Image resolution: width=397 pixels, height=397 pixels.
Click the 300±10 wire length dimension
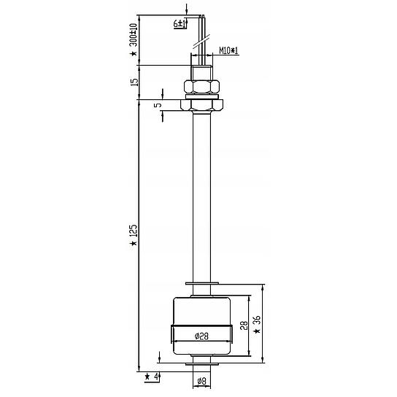coord(134,35)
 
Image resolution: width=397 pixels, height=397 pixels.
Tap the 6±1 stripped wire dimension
coord(180,24)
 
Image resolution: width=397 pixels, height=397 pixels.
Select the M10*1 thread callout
coord(228,50)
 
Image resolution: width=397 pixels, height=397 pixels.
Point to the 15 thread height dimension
coord(135,82)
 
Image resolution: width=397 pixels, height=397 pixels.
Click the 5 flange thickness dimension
coord(158,105)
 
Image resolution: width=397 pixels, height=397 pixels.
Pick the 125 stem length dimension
coord(134,231)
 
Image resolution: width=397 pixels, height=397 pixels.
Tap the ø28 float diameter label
coord(201,336)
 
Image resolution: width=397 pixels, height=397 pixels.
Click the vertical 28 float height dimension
coord(244,325)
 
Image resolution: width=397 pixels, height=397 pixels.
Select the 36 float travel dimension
coord(257,320)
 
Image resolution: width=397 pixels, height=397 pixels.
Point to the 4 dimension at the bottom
coord(156,377)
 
